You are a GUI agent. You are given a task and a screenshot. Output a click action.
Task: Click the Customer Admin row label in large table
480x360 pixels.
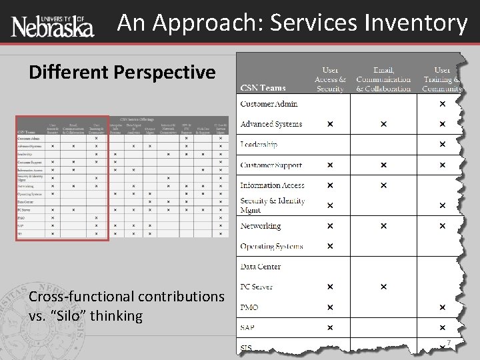point(269,104)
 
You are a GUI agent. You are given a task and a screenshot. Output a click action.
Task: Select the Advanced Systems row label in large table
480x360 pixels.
point(271,124)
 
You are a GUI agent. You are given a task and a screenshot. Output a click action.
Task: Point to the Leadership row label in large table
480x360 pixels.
point(259,145)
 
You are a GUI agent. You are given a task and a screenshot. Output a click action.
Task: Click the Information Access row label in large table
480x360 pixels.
point(272,185)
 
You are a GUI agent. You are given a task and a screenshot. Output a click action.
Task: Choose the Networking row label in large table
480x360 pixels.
point(261,226)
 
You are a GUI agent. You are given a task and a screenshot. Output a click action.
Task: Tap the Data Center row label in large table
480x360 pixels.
point(260,267)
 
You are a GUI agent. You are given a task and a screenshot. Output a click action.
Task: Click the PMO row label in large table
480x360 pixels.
point(250,307)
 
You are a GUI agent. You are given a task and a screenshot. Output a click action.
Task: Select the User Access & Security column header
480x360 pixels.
point(330,78)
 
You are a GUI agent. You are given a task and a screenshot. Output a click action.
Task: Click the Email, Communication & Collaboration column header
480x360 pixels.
point(383,78)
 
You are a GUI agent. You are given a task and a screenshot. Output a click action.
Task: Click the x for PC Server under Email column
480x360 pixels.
point(383,287)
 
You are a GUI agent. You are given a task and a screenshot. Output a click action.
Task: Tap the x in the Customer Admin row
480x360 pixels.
point(442,104)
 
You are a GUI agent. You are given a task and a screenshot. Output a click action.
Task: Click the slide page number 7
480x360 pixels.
point(449,343)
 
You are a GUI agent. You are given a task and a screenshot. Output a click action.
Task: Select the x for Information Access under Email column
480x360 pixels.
point(383,185)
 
